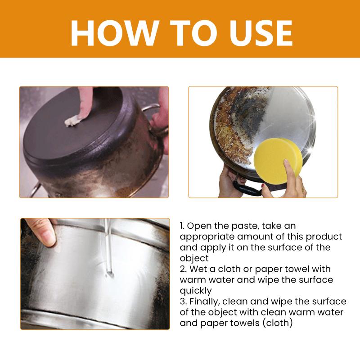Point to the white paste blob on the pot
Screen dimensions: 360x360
(x=72, y=121)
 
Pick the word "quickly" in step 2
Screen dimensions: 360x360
(x=196, y=291)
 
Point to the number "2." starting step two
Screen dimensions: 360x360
(x=183, y=269)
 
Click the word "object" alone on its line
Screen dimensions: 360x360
(x=194, y=259)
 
